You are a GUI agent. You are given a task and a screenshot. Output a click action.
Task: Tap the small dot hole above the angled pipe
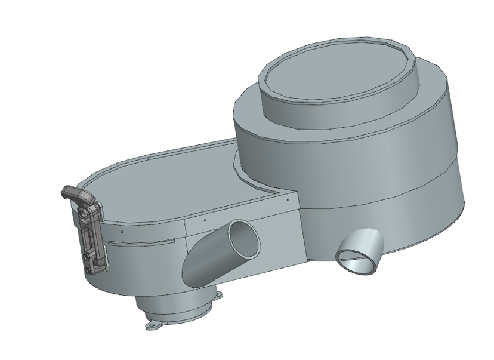coord(205,220)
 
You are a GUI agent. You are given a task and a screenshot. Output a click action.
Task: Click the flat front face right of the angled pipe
coord(280,239)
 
